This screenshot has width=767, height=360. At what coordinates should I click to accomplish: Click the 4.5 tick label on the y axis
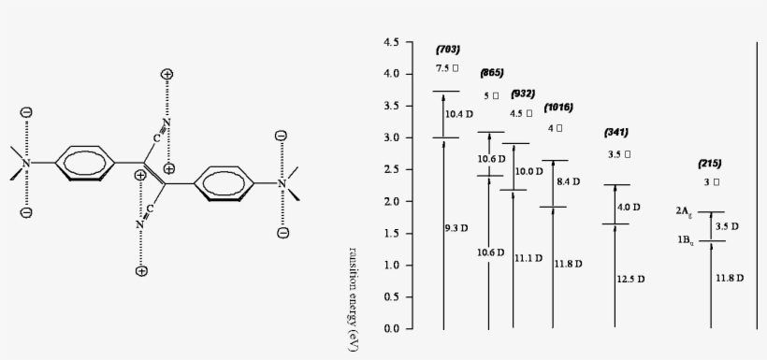[x=392, y=42]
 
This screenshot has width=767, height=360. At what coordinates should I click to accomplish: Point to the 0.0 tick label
[x=392, y=329]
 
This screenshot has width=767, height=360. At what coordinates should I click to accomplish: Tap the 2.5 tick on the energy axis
[x=392, y=169]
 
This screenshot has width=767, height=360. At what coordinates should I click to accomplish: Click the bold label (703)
[x=448, y=49]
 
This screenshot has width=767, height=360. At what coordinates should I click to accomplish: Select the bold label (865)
[x=492, y=73]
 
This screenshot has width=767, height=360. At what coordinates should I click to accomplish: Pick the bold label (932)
[x=523, y=94]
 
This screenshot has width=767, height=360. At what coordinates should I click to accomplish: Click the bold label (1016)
[x=557, y=108]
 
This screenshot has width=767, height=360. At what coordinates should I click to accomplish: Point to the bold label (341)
[x=617, y=132]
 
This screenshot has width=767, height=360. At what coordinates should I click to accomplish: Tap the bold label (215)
[x=709, y=163]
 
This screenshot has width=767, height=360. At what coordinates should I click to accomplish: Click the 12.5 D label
[x=630, y=279]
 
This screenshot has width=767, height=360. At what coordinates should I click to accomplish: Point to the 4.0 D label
[x=630, y=207]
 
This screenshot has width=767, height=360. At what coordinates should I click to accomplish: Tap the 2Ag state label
[x=684, y=212]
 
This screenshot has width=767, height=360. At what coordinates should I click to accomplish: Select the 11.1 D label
[x=529, y=258]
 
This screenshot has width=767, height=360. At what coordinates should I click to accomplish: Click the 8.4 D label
[x=568, y=181]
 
